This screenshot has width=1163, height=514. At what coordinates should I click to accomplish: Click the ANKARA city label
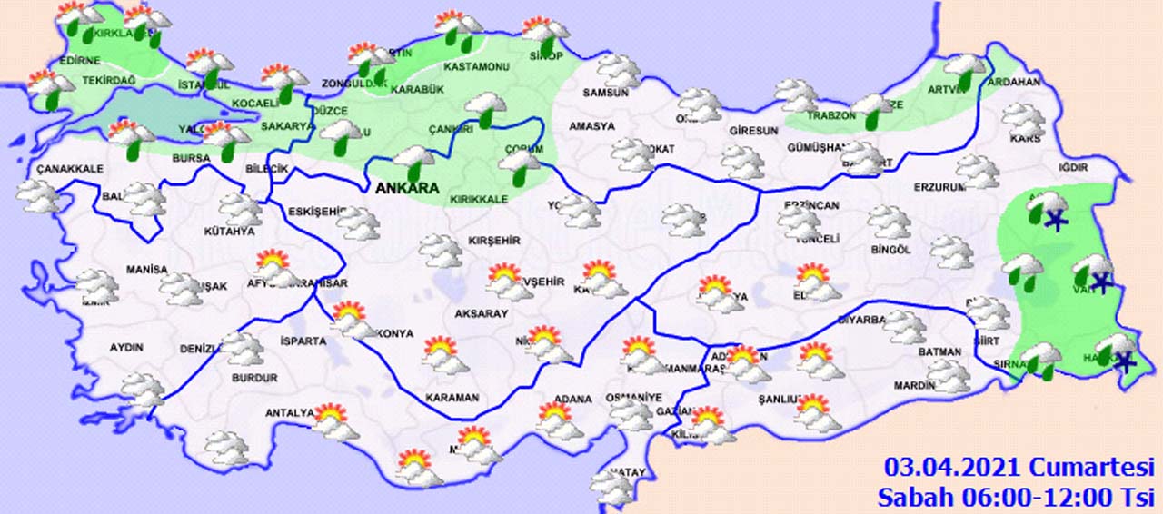(x=406, y=188)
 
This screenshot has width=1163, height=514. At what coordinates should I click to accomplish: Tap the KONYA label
(x=395, y=334)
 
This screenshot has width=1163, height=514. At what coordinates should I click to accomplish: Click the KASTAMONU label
(x=475, y=68)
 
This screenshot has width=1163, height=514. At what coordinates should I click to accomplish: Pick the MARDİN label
(x=914, y=385)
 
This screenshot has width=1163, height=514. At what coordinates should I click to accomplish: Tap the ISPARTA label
(x=303, y=341)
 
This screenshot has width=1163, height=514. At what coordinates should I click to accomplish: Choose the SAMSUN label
(x=606, y=92)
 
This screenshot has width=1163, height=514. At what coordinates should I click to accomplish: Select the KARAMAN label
(x=452, y=398)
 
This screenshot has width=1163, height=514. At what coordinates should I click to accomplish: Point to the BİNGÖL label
(x=890, y=250)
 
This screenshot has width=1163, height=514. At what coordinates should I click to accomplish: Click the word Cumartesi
(x=1090, y=467)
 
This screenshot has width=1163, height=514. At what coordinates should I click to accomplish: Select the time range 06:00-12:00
(x=1036, y=497)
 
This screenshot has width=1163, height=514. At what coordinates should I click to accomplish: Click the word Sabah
(x=915, y=497)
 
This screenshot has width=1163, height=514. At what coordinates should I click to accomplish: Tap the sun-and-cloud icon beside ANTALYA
(x=335, y=421)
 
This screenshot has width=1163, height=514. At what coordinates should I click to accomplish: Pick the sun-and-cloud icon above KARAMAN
(x=445, y=355)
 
